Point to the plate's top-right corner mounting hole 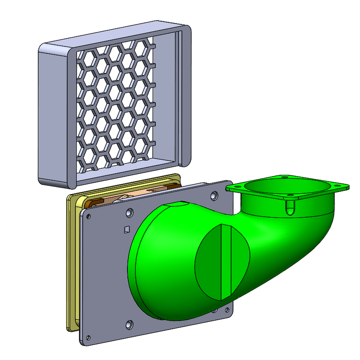[x=214, y=196]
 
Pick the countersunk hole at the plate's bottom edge [x=129, y=324]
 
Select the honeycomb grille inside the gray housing [x=114, y=105]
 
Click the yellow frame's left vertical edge [x=68, y=264]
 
